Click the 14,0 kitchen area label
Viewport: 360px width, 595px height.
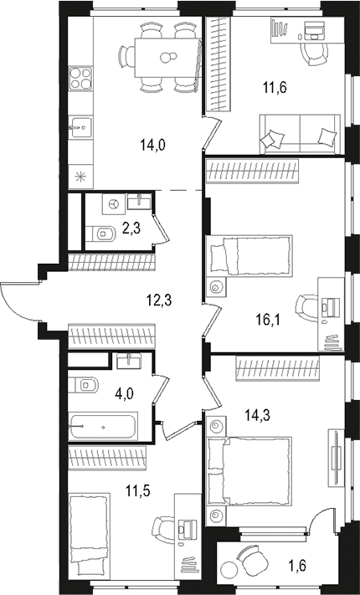(x=153, y=144)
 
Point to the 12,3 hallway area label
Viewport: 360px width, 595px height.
(x=151, y=299)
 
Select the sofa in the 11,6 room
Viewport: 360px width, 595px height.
(x=302, y=135)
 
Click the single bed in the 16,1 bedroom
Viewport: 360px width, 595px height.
(x=249, y=254)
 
